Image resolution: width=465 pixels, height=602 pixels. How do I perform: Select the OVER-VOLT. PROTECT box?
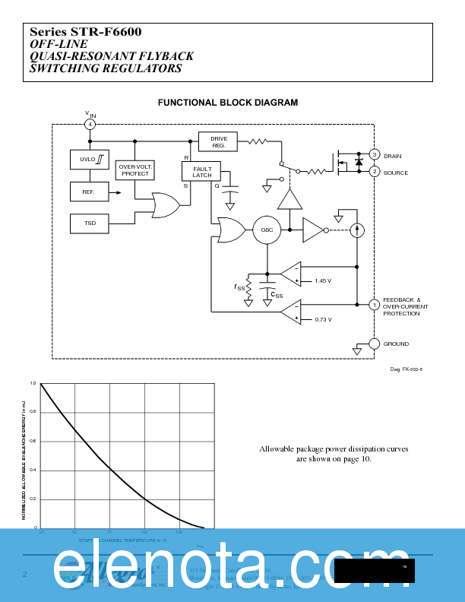135,170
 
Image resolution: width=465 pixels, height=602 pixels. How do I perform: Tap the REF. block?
89,192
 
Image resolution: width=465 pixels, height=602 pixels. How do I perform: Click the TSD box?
89,223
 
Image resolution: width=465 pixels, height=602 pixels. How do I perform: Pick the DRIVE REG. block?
218,141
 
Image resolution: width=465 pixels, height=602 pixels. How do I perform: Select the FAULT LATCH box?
202,172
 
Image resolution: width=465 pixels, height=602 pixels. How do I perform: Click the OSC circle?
267,230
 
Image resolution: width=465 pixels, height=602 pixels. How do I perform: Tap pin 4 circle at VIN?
90,124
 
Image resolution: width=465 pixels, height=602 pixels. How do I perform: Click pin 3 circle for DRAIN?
374,155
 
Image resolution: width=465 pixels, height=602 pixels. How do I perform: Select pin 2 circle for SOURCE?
374,172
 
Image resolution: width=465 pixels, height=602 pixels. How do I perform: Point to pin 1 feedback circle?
374,305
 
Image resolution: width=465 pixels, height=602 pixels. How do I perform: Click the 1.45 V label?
323,281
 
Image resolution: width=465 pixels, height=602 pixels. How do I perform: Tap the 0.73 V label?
323,319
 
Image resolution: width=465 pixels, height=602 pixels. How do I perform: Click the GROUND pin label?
395,344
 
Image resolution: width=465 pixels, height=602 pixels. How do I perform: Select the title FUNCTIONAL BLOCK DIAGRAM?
227,103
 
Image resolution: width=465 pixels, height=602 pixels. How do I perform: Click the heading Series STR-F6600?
86,32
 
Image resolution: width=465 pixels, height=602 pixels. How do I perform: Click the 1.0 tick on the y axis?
33,384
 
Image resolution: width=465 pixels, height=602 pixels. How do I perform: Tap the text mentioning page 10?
334,459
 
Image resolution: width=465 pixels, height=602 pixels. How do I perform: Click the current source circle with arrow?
356,230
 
